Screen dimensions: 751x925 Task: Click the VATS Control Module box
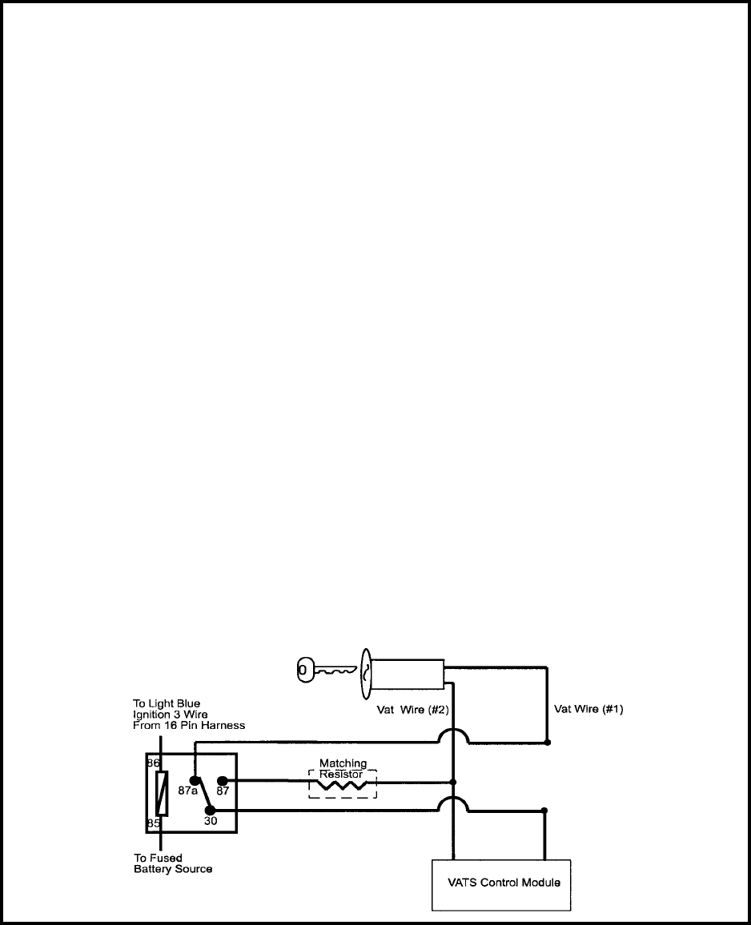coord(501,884)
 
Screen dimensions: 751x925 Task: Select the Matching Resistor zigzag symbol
coord(343,786)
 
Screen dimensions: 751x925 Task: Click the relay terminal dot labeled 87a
coord(194,780)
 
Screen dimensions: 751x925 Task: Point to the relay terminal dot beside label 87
coord(223,780)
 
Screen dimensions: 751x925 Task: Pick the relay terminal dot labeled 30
coord(211,811)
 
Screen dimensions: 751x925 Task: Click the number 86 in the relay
coord(153,763)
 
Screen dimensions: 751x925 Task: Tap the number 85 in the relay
coord(153,822)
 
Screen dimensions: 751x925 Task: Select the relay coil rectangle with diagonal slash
coord(162,792)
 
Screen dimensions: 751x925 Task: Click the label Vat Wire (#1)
coord(588,709)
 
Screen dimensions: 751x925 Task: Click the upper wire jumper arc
coord(453,734)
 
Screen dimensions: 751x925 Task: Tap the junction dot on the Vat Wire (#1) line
coord(548,743)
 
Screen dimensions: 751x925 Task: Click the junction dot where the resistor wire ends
coord(453,782)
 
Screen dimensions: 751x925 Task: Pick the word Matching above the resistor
coord(343,764)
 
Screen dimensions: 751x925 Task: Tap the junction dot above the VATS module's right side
coord(544,811)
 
